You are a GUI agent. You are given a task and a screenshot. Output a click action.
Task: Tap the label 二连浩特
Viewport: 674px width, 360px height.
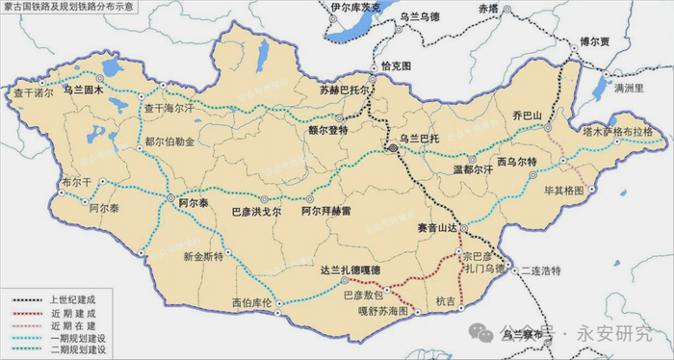[537, 272]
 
